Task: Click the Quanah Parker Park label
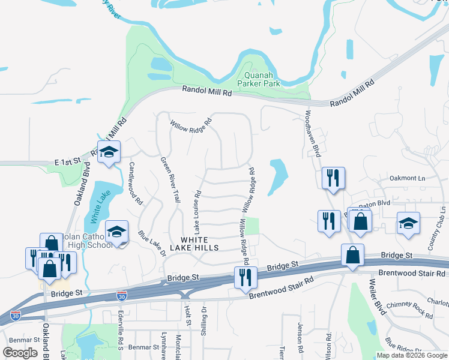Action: click(259, 80)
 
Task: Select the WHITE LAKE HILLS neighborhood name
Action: click(195, 244)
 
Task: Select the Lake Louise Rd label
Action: click(197, 212)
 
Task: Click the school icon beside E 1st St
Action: click(109, 153)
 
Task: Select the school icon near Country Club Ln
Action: click(408, 224)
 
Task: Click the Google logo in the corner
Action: click(20, 353)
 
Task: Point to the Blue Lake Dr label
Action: click(151, 242)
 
